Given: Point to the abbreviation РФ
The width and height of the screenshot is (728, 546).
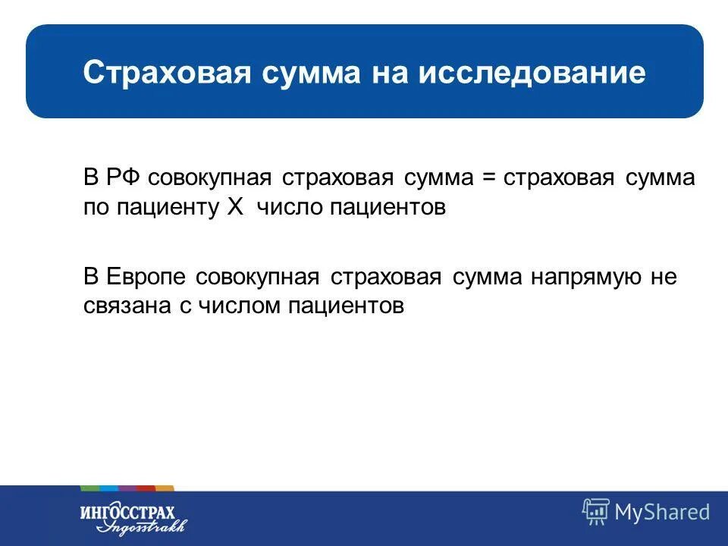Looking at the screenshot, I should [x=121, y=178].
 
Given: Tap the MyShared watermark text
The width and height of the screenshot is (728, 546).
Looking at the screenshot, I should [x=662, y=512].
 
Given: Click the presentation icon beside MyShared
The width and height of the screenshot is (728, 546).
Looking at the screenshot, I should [x=595, y=512].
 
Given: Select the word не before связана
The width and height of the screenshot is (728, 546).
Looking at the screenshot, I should [x=662, y=277].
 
